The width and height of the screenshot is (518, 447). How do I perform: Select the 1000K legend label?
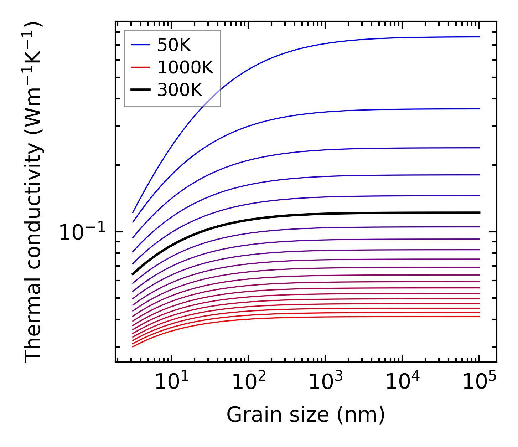click(x=185, y=68)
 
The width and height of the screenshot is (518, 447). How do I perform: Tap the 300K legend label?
click(x=180, y=90)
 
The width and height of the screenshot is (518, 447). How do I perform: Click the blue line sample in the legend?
click(x=140, y=45)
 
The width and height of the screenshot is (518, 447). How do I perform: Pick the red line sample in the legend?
click(x=140, y=67)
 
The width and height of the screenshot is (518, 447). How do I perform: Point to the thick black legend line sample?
click(x=140, y=90)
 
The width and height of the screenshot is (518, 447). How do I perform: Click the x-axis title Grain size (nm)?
click(x=306, y=415)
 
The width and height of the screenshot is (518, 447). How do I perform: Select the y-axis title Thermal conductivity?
click(x=33, y=192)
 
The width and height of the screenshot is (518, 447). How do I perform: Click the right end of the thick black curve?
click(x=480, y=212)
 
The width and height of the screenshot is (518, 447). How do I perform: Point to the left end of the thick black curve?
click(x=133, y=274)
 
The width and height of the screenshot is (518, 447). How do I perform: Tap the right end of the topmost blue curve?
click(x=480, y=37)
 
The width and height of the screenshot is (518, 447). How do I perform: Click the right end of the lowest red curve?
click(x=480, y=317)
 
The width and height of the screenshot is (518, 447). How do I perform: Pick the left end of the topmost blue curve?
click(x=133, y=213)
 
